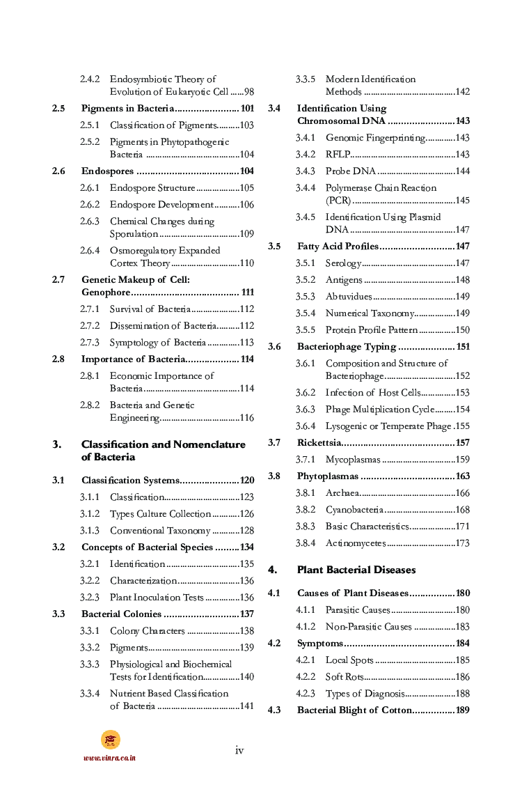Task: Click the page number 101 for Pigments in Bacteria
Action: point(247,109)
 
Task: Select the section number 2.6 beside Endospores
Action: point(58,171)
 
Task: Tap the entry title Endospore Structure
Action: point(152,188)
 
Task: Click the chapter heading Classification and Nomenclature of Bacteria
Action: point(163,451)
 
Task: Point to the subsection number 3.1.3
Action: point(89,531)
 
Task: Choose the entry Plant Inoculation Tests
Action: point(157,598)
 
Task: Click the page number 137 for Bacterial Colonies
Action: point(247,614)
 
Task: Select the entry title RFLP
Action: point(338,155)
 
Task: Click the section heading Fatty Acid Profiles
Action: point(338,247)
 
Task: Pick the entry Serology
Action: point(343,263)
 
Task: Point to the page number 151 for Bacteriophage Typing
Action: point(463,347)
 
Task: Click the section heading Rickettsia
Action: point(319,443)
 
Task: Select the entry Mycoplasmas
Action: point(353,460)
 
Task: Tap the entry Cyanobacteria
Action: point(354,510)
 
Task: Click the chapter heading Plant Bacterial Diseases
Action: point(356,570)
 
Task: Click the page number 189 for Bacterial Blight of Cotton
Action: point(463,710)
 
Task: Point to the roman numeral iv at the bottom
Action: point(239,750)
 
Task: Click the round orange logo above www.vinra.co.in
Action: point(110,740)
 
